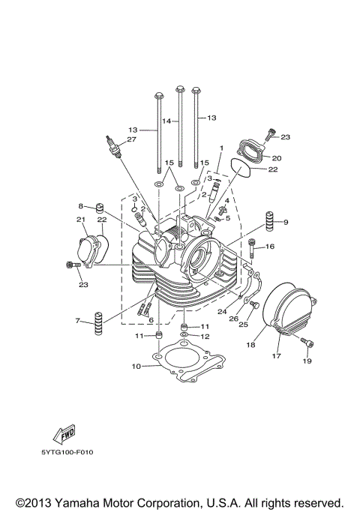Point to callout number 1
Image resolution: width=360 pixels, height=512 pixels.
tap(221, 149)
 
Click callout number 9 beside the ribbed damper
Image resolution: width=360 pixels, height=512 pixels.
tap(286, 223)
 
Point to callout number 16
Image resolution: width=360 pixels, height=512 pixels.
tap(271, 246)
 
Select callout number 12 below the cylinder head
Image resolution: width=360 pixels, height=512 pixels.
tap(205, 337)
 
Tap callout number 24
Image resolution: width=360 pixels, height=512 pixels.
tap(222, 311)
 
